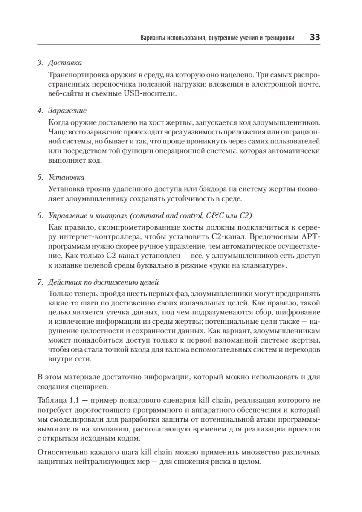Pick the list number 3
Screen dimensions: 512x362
40,63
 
